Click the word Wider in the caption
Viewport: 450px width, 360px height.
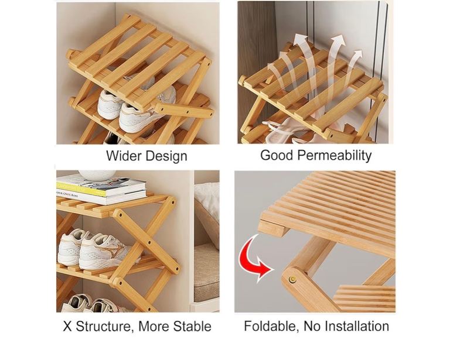[124, 156]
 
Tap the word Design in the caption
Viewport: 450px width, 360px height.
[166, 156]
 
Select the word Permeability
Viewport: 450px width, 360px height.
[335, 156]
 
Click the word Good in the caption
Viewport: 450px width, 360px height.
[277, 155]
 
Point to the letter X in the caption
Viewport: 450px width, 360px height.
[67, 326]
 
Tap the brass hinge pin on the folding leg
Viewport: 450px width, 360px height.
[293, 279]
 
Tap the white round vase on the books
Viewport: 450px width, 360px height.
[97, 174]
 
